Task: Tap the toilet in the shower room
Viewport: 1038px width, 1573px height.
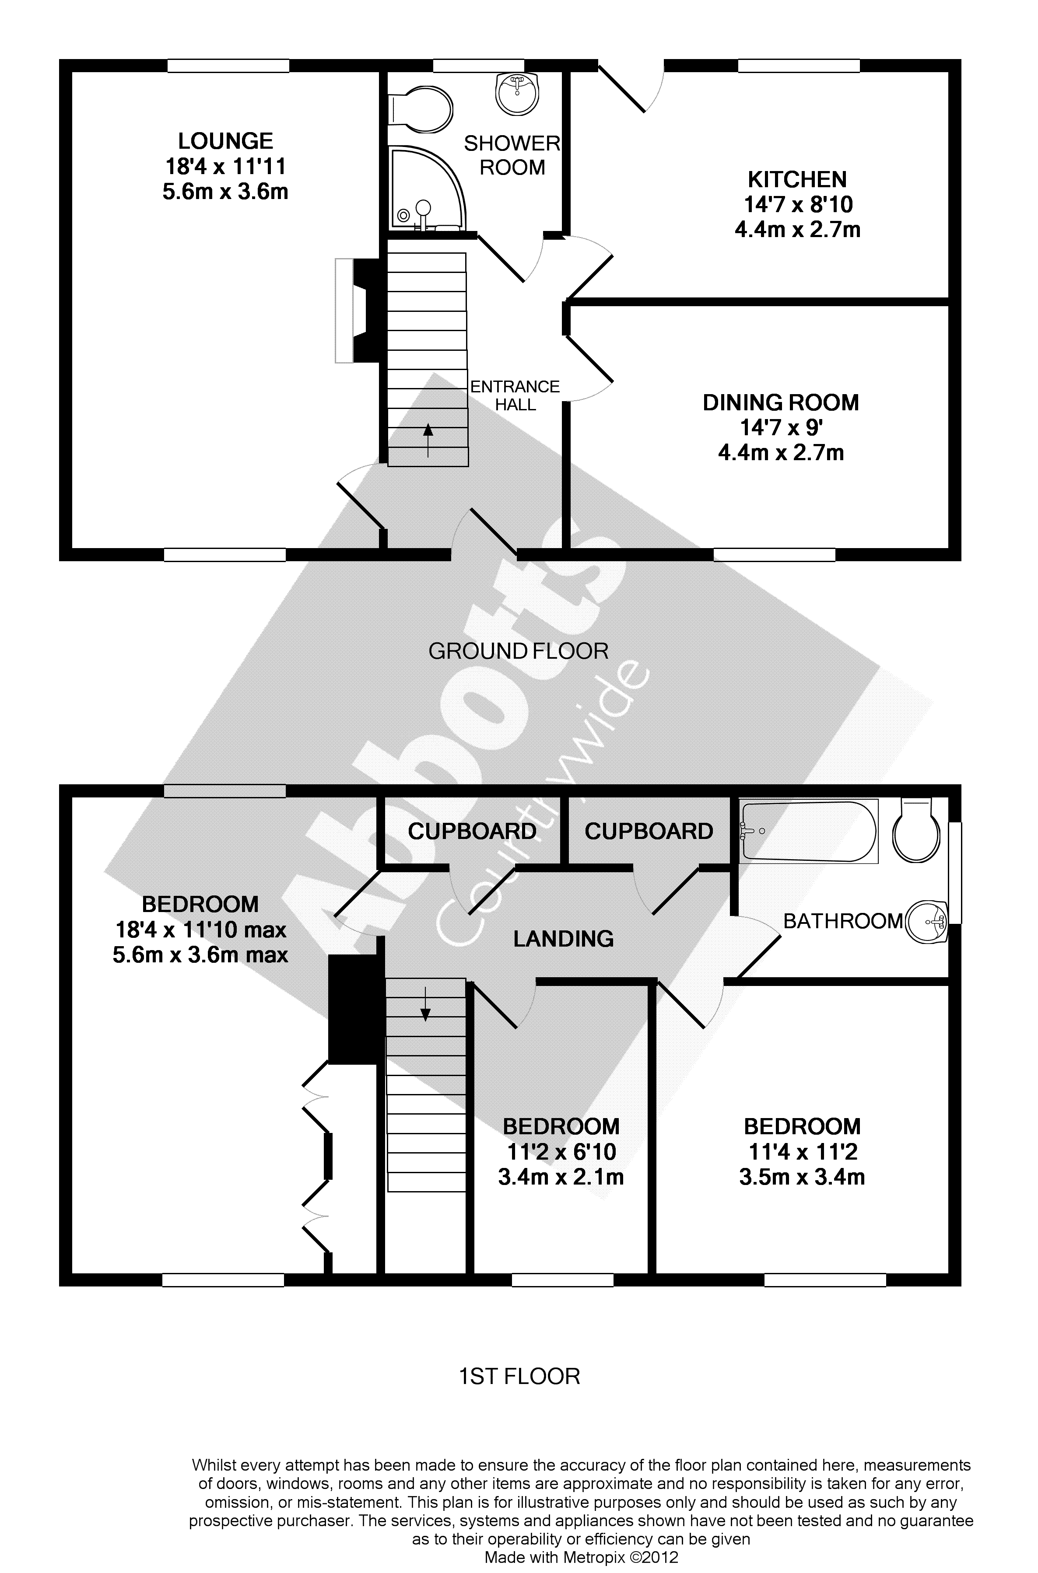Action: (421, 110)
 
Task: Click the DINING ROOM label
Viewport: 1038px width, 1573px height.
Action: (781, 402)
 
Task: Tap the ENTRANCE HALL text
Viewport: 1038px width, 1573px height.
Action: (515, 395)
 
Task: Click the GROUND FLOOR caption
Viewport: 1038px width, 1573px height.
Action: (518, 651)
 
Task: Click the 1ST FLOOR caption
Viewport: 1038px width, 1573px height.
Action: (520, 1377)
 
